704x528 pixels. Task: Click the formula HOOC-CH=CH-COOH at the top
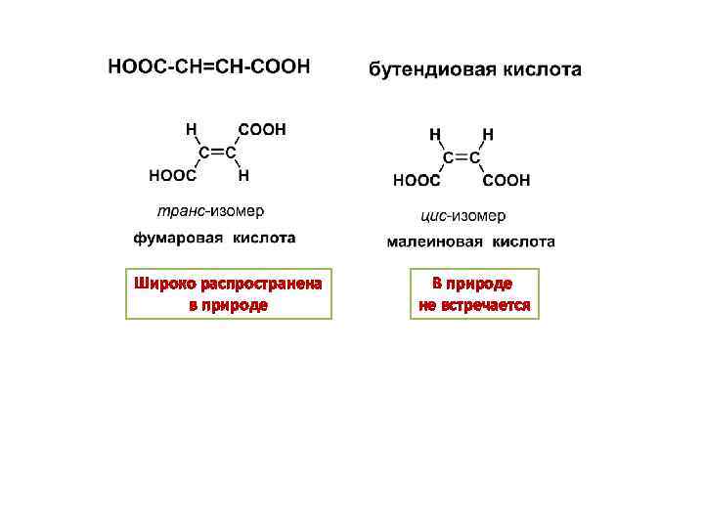pos(208,66)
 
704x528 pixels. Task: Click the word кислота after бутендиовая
pos(541,70)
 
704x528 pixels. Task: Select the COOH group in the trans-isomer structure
pos(263,129)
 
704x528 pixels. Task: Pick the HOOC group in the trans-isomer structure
pos(171,177)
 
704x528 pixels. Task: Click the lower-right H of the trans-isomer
pos(243,177)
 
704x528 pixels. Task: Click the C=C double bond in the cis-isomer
pos(462,157)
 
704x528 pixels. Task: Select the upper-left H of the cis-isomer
pos(435,133)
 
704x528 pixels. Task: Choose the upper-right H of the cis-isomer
pos(487,133)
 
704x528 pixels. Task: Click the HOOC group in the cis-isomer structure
pos(417,181)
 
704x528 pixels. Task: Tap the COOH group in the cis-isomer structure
pos(506,181)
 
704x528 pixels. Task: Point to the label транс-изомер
pos(210,210)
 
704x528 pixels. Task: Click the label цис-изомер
pos(463,215)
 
